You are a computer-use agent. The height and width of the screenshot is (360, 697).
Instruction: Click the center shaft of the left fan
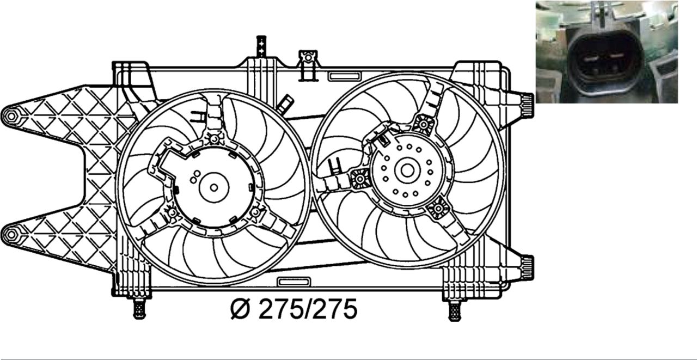click(x=214, y=187)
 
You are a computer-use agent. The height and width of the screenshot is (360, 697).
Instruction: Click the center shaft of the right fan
click(x=407, y=170)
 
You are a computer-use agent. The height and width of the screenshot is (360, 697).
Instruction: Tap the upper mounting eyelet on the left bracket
click(x=11, y=115)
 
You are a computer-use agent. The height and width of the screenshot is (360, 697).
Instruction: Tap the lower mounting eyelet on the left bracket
click(x=11, y=235)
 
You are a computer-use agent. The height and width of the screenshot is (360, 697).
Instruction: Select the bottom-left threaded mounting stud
click(x=139, y=309)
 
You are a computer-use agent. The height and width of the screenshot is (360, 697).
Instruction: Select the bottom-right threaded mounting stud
click(x=454, y=310)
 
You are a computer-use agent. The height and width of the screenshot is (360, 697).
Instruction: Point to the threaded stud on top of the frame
click(x=261, y=46)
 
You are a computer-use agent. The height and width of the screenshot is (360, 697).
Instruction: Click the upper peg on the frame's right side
click(x=527, y=102)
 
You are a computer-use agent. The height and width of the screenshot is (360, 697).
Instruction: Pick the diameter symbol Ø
click(x=240, y=309)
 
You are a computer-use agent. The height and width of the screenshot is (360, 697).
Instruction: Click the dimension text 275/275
click(x=308, y=309)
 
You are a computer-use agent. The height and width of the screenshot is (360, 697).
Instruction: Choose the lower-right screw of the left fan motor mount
click(x=256, y=211)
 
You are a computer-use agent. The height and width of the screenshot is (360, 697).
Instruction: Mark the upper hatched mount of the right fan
click(x=423, y=125)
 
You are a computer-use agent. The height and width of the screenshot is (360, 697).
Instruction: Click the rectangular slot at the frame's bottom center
click(x=294, y=282)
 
